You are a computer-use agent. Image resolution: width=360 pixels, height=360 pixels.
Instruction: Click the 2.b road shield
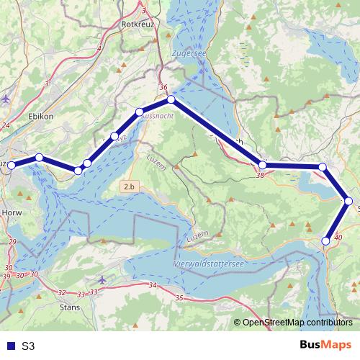tap(129, 186)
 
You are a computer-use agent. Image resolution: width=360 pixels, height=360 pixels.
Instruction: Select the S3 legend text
tap(28, 346)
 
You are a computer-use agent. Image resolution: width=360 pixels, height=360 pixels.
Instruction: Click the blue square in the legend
tap(9, 346)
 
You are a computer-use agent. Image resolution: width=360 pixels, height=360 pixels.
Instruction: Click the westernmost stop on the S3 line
tap(11, 166)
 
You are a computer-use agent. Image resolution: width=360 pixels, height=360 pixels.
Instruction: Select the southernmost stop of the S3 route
tap(326, 240)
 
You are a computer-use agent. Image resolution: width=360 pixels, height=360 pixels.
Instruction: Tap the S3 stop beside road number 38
tap(263, 166)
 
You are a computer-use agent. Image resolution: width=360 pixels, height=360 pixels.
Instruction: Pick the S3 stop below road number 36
tap(171, 99)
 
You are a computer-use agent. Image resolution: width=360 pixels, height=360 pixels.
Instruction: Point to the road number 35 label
tap(179, 297)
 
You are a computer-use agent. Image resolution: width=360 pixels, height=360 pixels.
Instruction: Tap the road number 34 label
tap(152, 286)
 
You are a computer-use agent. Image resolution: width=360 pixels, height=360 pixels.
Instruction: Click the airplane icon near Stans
tap(102, 279)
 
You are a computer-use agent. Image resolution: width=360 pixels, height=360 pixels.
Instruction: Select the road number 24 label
tap(6, 125)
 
